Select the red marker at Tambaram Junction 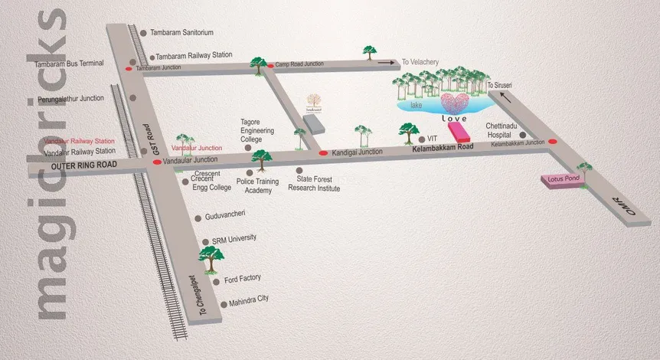click(x=128, y=68)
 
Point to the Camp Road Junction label click(x=301, y=64)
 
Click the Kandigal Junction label click(x=357, y=152)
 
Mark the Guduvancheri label click(x=223, y=218)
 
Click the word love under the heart click(x=455, y=120)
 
